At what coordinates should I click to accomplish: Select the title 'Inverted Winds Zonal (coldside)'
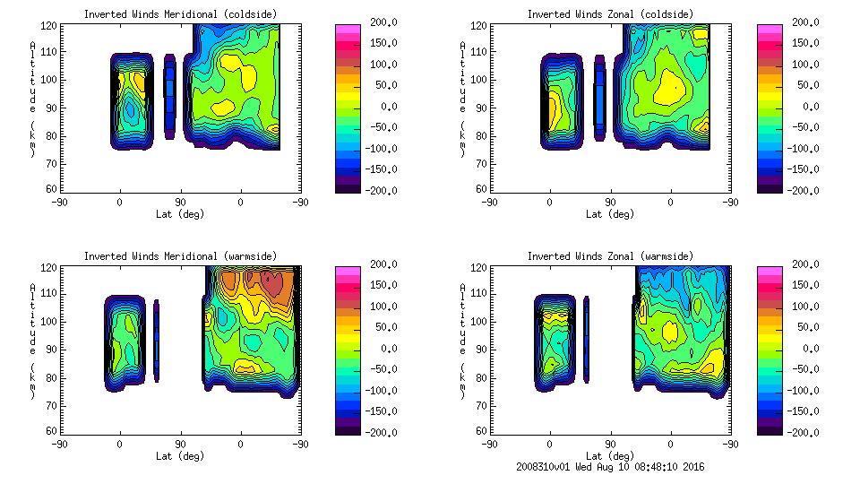[610, 14]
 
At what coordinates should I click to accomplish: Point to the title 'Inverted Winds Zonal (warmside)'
[610, 256]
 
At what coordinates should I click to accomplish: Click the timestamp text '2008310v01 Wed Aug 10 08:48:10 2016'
[610, 467]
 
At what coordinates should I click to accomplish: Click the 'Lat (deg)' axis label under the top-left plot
[180, 214]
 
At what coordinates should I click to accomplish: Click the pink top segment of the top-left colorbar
[348, 30]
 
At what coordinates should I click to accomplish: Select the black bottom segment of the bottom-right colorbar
[769, 429]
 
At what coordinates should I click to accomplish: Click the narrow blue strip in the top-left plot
[170, 96]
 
